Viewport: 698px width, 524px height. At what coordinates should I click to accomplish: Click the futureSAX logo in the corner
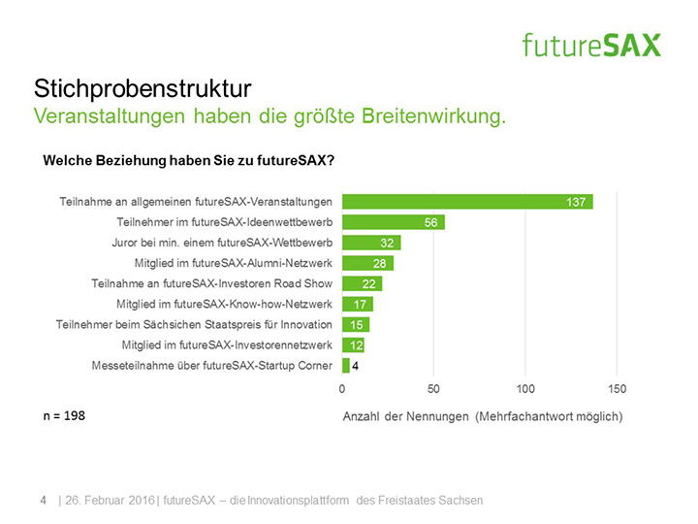590,45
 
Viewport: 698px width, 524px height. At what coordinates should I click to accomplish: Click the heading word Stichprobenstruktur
143,90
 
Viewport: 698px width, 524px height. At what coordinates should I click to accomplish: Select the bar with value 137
467,202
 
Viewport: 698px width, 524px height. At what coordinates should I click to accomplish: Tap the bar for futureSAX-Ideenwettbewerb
393,222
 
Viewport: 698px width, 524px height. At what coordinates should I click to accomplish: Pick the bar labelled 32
371,243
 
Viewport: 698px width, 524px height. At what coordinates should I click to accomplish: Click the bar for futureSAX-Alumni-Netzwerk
368,263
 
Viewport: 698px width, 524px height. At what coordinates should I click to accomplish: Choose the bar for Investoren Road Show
363,283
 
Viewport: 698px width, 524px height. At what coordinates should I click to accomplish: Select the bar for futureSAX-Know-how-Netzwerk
358,304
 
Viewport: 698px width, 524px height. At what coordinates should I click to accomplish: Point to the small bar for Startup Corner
346,365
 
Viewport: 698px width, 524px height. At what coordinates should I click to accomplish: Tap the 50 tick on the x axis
433,389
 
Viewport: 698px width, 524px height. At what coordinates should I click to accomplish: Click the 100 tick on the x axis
524,389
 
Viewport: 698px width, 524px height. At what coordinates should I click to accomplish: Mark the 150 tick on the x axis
617,389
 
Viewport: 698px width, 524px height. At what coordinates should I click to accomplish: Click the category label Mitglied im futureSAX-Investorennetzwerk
227,344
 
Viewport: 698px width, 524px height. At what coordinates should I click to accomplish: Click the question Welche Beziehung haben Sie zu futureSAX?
189,160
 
